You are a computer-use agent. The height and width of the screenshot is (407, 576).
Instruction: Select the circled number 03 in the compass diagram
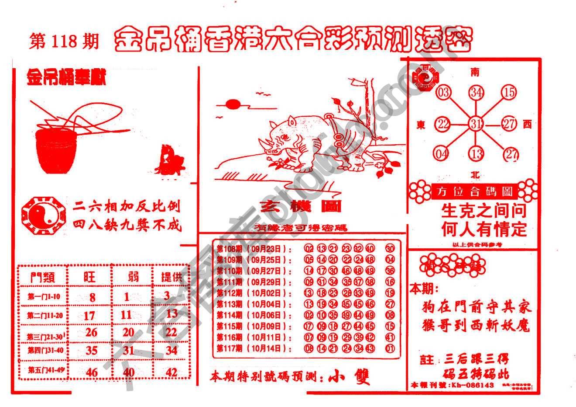coord(443,93)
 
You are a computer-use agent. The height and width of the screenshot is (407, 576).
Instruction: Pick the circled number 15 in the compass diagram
coord(509,92)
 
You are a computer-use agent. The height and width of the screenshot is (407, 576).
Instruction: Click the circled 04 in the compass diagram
coord(442,154)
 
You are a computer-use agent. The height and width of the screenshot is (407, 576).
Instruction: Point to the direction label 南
coord(475,72)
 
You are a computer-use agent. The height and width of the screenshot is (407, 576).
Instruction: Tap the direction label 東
coord(421,125)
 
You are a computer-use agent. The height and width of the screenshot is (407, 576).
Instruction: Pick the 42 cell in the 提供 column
coord(171,372)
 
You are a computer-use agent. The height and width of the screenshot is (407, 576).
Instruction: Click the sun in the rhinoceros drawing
coord(233,104)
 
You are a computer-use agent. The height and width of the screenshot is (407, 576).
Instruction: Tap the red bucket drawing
coord(55,150)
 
